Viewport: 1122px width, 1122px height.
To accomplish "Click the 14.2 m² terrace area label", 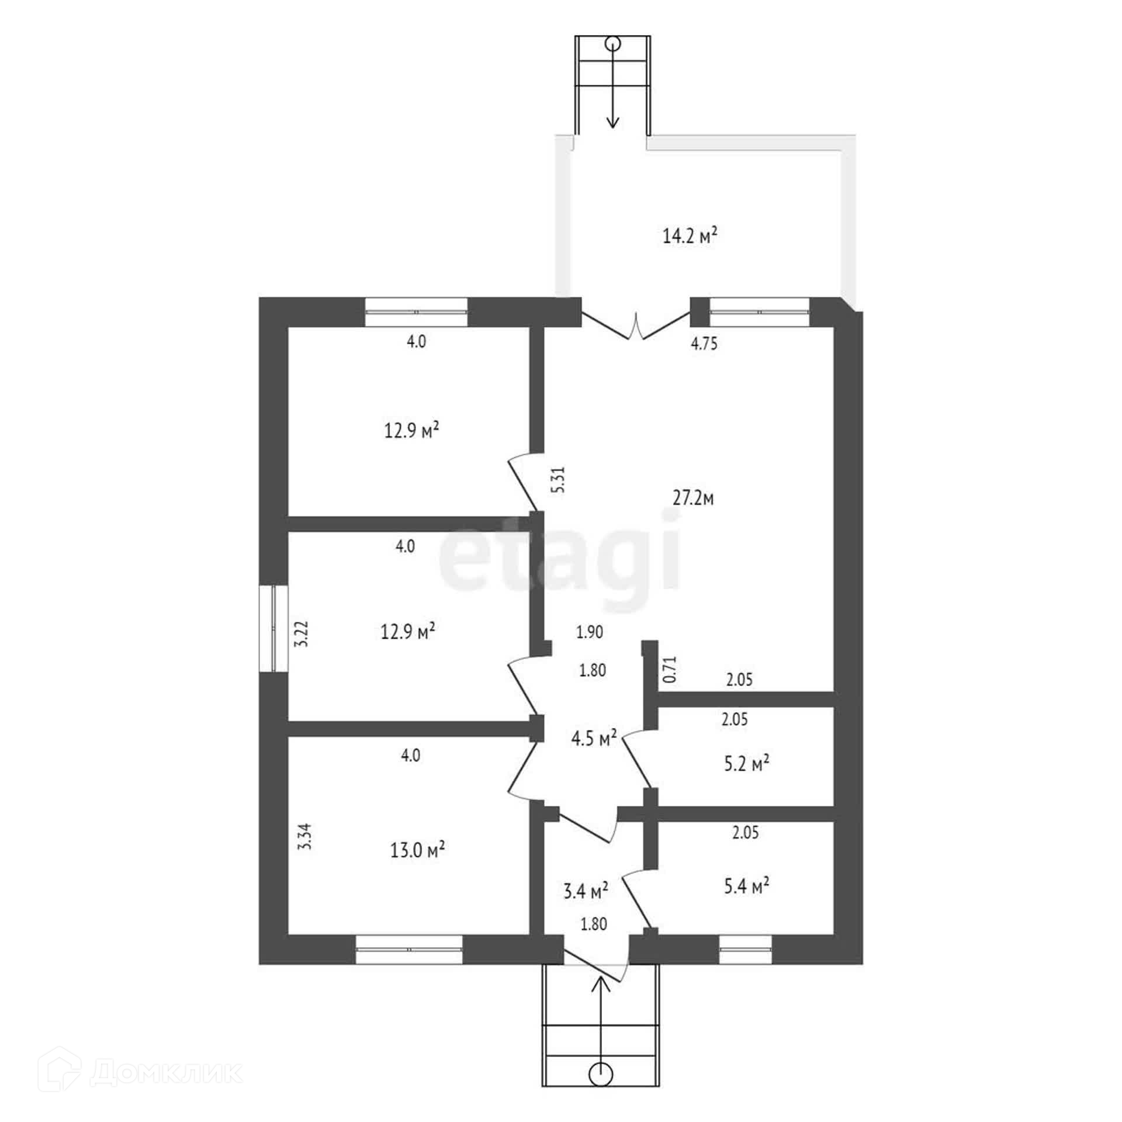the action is click(x=690, y=237).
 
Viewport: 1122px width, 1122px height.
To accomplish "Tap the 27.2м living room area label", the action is click(x=692, y=498).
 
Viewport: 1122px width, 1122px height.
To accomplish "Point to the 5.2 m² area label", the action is click(x=746, y=763).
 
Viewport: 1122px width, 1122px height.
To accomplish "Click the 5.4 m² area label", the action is click(x=746, y=886).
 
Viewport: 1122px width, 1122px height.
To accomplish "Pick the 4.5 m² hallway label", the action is click(x=594, y=738).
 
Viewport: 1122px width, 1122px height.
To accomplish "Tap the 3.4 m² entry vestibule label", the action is click(x=586, y=891).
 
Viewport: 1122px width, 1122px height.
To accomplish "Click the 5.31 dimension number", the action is click(x=559, y=479).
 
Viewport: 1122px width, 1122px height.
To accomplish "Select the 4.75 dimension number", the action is click(x=704, y=344).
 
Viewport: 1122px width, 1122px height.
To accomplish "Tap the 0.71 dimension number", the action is click(x=670, y=670).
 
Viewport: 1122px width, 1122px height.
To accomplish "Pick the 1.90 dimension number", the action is click(x=589, y=632).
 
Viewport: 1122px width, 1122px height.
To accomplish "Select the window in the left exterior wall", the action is click(x=273, y=628).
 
